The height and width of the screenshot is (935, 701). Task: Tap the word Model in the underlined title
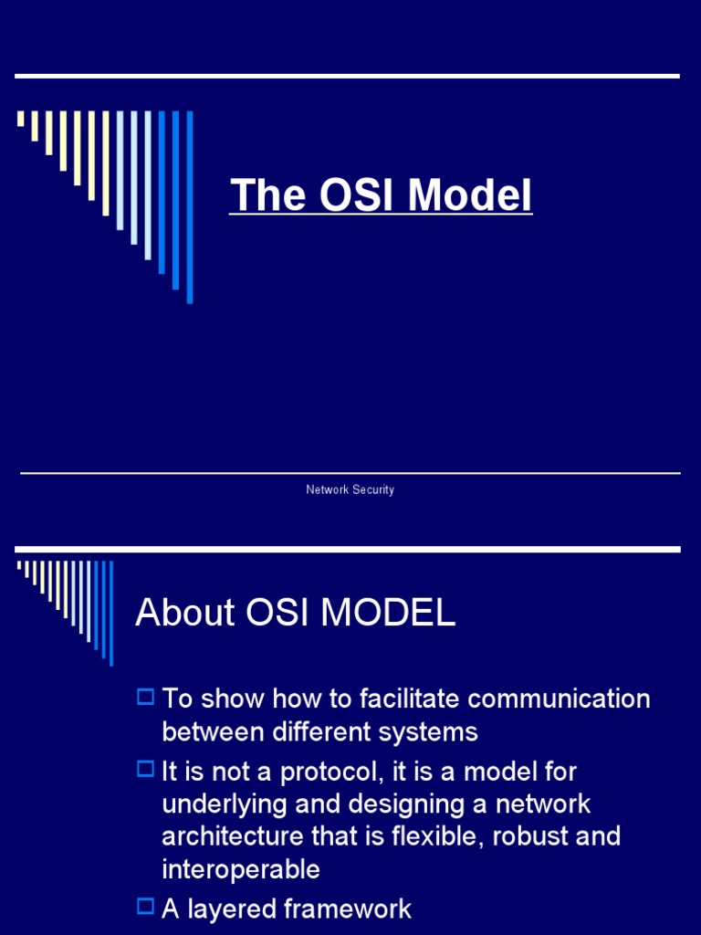470,195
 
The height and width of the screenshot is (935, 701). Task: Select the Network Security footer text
350,490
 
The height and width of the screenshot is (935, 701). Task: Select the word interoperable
241,869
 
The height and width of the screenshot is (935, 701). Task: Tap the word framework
349,909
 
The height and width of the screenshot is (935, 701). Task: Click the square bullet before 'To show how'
145,698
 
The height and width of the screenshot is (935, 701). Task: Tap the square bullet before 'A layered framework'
145,907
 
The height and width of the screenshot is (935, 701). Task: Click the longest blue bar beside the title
190,207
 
